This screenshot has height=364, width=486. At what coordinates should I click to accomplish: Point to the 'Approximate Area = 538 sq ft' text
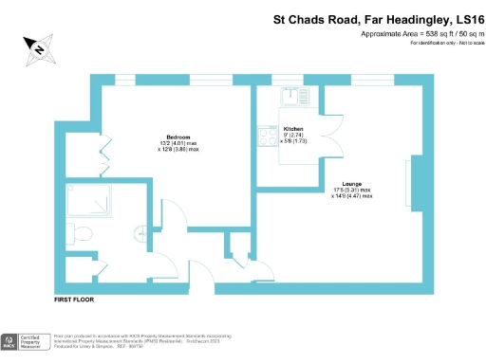coord(390,35)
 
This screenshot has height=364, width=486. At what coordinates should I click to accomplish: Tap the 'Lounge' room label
coord(352,183)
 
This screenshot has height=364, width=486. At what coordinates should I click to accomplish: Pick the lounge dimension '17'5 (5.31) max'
coord(352,190)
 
